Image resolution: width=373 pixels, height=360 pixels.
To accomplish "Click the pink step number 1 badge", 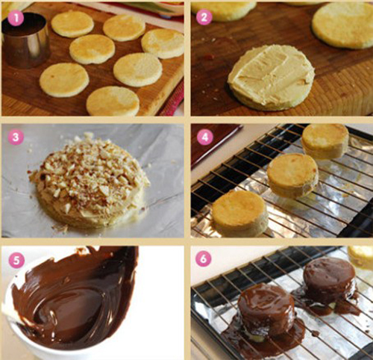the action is click(x=16, y=18).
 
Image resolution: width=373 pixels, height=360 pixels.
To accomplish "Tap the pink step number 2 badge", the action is click(x=204, y=17).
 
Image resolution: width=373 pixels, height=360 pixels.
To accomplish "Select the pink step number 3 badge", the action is click(x=16, y=137).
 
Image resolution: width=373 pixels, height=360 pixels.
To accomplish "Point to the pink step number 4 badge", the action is click(x=205, y=137).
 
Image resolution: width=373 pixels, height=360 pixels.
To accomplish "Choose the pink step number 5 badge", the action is click(x=16, y=261).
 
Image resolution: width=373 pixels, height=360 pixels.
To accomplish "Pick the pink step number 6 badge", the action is click(x=204, y=259).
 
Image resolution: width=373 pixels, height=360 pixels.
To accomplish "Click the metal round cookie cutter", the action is click(x=25, y=40).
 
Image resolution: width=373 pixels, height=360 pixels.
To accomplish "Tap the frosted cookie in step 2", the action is click(x=271, y=78).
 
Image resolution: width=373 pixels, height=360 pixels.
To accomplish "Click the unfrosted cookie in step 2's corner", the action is click(x=343, y=25).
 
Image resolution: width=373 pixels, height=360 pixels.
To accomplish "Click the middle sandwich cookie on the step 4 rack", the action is click(x=292, y=175).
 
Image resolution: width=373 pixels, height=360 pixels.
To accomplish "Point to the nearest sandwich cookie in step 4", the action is click(x=239, y=213).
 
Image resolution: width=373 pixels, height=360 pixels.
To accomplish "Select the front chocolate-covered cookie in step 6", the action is click(x=266, y=311).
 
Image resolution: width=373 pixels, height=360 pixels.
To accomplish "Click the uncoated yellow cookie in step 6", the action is click(x=360, y=258).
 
